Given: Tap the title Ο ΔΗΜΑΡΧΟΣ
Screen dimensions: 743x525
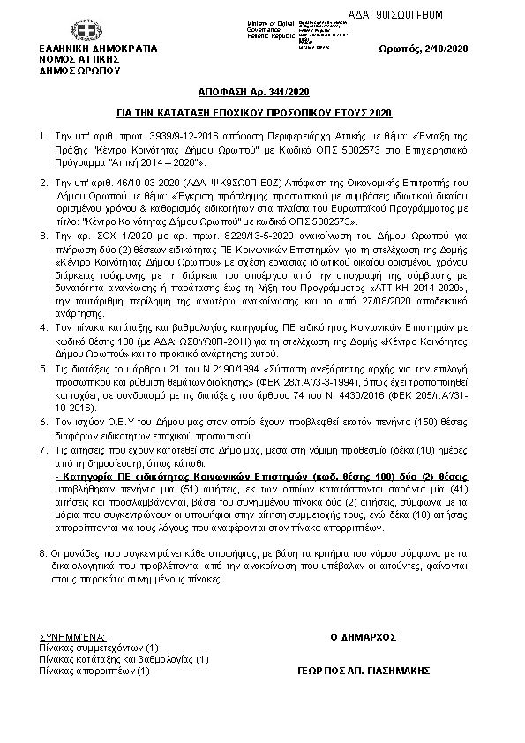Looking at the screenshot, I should coord(364,636).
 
